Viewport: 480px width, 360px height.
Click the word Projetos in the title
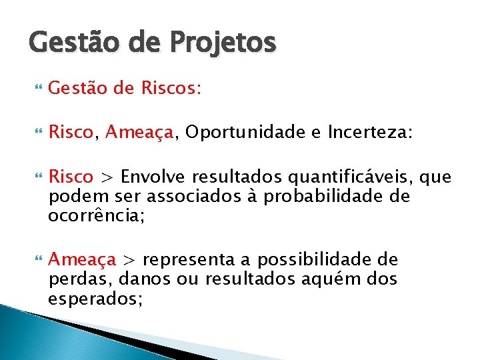[223, 44]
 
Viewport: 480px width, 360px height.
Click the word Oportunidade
[241, 133]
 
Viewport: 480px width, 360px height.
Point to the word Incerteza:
[370, 133]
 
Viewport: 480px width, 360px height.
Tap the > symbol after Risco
[107, 178]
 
